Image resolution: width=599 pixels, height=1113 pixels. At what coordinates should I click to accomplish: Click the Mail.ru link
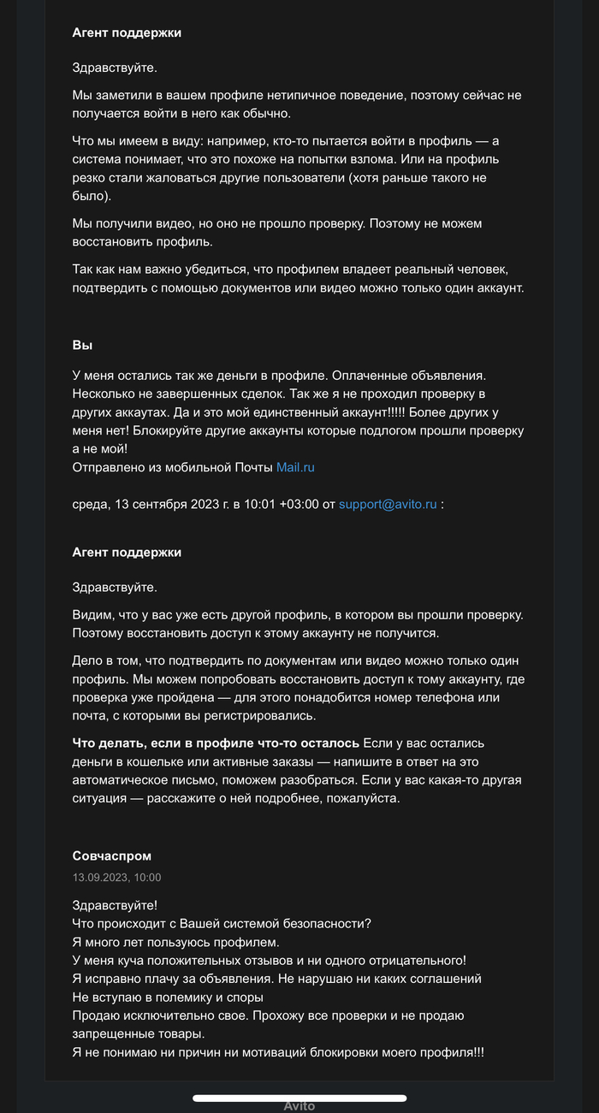pyautogui.click(x=296, y=468)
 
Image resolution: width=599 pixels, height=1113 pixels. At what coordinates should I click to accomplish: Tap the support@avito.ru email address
pyautogui.click(x=388, y=505)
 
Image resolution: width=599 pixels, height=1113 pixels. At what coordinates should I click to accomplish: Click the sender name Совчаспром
pyautogui.click(x=112, y=855)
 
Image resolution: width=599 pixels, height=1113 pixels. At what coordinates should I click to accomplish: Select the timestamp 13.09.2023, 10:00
pyautogui.click(x=117, y=877)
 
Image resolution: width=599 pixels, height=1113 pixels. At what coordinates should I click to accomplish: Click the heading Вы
pyautogui.click(x=82, y=346)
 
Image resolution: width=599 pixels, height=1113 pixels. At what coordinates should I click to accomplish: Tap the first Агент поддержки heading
pyautogui.click(x=127, y=33)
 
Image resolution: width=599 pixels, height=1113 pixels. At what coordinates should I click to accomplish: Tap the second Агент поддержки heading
pyautogui.click(x=127, y=553)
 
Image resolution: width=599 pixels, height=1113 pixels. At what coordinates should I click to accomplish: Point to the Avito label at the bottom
pyautogui.click(x=299, y=1106)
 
